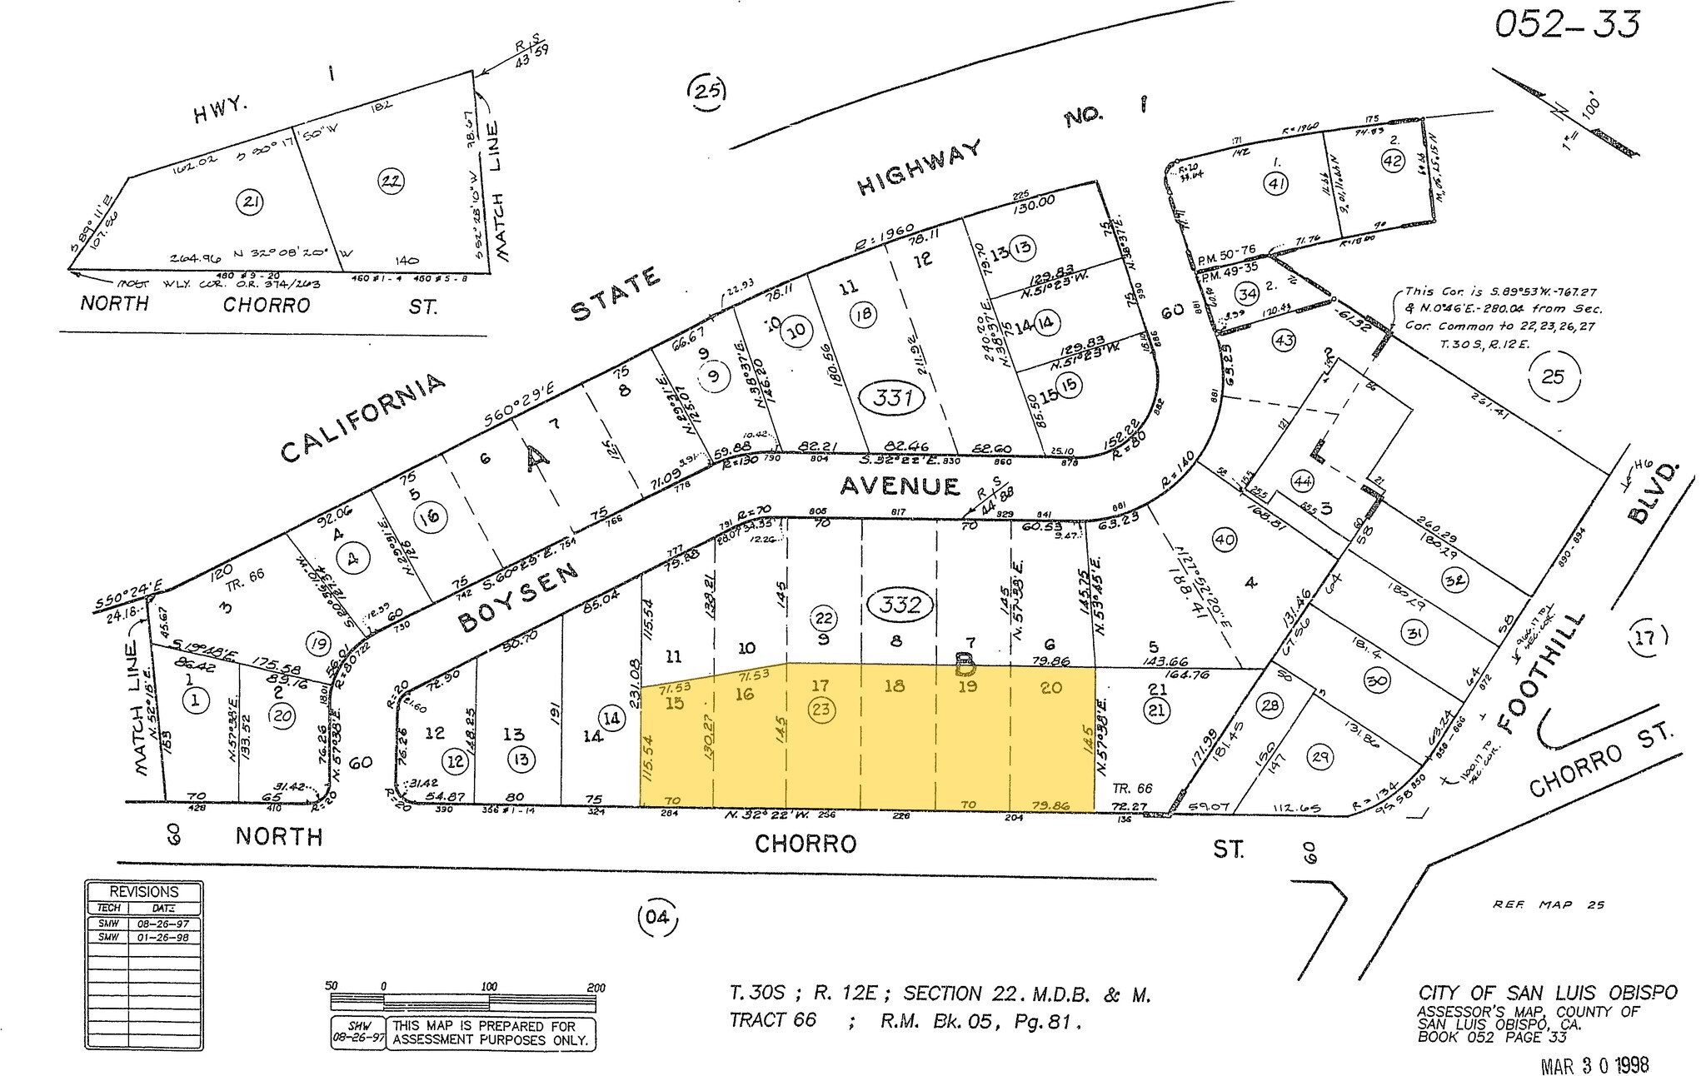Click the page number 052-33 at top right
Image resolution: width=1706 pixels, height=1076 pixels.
pyautogui.click(x=1566, y=25)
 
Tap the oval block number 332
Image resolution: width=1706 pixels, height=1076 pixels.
pyautogui.click(x=900, y=604)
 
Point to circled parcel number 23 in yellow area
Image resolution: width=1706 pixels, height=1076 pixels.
pyautogui.click(x=821, y=709)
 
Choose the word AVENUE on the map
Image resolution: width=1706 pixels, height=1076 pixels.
pyautogui.click(x=900, y=485)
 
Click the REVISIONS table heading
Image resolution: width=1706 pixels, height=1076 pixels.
pyautogui.click(x=144, y=891)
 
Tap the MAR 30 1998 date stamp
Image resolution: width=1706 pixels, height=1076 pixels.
pyautogui.click(x=1594, y=1064)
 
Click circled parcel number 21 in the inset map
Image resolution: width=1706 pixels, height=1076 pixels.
pyautogui.click(x=248, y=201)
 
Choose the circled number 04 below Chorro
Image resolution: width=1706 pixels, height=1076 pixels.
pyautogui.click(x=656, y=919)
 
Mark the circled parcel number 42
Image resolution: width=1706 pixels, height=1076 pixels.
pyautogui.click(x=1392, y=161)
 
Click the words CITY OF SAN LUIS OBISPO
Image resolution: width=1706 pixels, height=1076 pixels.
pyautogui.click(x=1547, y=993)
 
